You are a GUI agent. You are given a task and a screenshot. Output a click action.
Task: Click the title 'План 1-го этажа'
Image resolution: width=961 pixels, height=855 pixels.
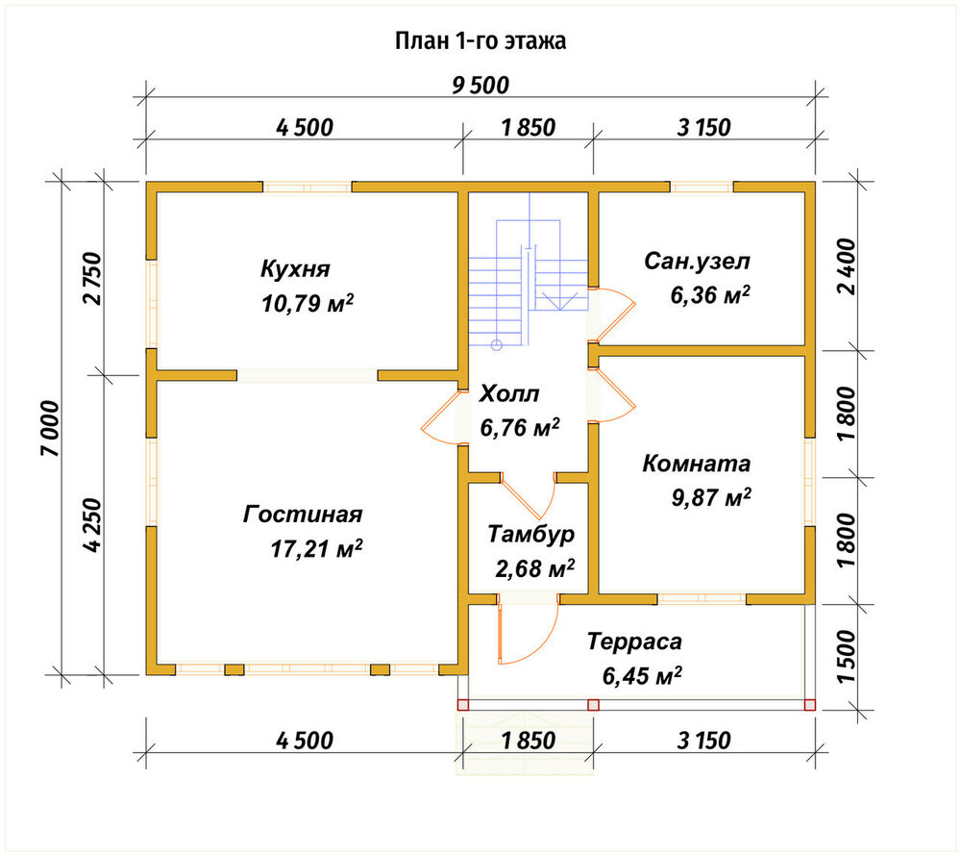click(480, 41)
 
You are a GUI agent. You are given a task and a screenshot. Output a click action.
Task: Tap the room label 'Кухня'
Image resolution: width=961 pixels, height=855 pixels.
click(295, 268)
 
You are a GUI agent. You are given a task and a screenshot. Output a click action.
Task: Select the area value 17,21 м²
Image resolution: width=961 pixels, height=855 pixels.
click(316, 548)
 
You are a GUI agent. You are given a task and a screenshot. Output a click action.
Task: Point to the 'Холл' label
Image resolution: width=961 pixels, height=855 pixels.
click(508, 393)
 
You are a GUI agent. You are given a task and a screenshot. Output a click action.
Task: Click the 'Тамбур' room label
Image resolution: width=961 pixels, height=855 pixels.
click(530, 534)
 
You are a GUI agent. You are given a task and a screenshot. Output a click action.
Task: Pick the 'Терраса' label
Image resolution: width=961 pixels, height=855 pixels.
click(634, 641)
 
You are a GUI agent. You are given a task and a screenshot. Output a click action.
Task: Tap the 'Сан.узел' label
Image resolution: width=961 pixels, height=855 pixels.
click(697, 262)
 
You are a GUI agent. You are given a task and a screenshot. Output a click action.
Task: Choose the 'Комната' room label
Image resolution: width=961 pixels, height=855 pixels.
click(696, 464)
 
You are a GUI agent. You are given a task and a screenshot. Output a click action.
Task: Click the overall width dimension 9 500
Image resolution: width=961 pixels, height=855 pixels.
click(480, 86)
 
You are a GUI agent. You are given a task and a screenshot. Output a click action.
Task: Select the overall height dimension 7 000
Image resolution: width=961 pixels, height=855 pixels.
click(51, 428)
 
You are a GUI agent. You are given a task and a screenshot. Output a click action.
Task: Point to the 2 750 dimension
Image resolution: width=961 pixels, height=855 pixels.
click(91, 278)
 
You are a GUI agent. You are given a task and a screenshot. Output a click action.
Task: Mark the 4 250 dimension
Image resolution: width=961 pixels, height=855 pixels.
click(91, 526)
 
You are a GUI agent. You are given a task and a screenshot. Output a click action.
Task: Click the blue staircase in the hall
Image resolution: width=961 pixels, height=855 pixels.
click(529, 270)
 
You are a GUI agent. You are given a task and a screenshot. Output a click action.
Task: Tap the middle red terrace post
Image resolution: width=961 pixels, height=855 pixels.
click(593, 705)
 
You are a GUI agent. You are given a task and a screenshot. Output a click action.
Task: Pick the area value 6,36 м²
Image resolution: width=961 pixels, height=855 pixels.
click(710, 295)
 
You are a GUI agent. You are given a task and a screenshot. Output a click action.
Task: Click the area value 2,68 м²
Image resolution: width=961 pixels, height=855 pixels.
click(534, 569)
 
